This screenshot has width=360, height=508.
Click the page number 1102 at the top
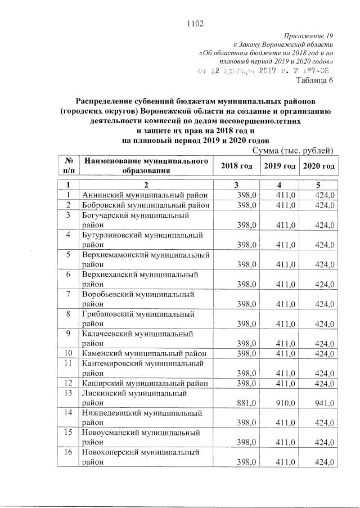pyautogui.click(x=193, y=23)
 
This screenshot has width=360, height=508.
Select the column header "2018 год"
pyautogui.click(x=236, y=167)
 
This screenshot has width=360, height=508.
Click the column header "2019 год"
pyautogui.click(x=280, y=167)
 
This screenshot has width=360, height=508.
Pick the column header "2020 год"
pyautogui.click(x=319, y=167)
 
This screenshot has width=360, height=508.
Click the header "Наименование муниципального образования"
pyautogui.click(x=146, y=167)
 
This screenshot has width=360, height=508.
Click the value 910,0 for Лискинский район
pyautogui.click(x=285, y=403)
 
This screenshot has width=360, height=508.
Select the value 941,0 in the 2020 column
pyautogui.click(x=325, y=403)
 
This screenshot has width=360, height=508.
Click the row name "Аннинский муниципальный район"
pyautogui.click(x=145, y=195)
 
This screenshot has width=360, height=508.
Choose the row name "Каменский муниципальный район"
pyautogui.click(x=145, y=353)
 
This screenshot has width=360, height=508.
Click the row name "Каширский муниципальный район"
pyautogui.click(x=145, y=383)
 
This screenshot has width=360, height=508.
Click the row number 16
pyautogui.click(x=68, y=452)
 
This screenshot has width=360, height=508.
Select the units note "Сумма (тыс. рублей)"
pyautogui.click(x=294, y=150)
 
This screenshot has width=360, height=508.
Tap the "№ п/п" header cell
pyautogui.click(x=68, y=167)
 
